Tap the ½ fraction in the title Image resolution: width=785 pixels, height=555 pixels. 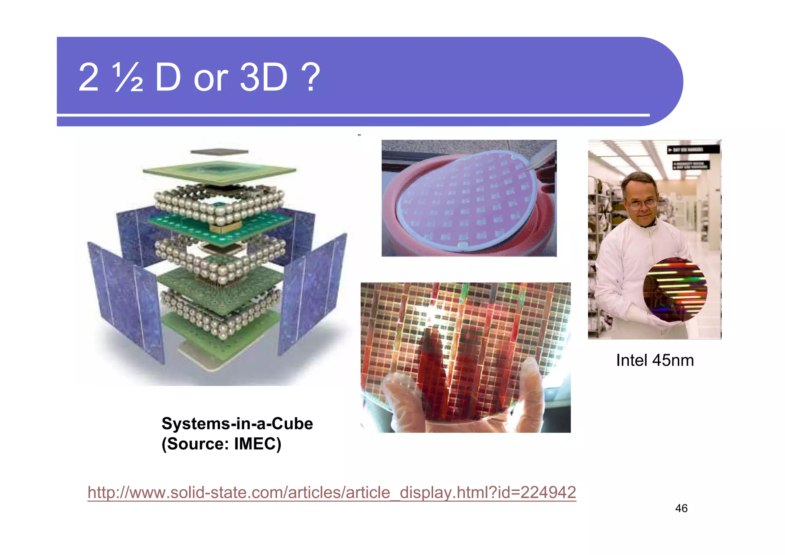[x=128, y=78]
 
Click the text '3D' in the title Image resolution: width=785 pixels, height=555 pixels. [x=263, y=78]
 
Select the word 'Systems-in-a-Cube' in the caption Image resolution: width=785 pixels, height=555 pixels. [x=237, y=424]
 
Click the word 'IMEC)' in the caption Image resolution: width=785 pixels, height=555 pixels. [x=258, y=444]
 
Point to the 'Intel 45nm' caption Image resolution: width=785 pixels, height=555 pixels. [x=655, y=360]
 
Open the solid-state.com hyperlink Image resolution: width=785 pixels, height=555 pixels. [x=332, y=492]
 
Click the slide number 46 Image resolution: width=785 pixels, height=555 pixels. [x=681, y=508]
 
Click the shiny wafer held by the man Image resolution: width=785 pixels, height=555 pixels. [x=675, y=289]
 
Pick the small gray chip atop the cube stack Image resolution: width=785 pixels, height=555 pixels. [x=219, y=152]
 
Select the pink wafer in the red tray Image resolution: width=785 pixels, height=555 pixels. [x=466, y=199]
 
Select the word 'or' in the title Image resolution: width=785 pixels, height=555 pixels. [x=211, y=78]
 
